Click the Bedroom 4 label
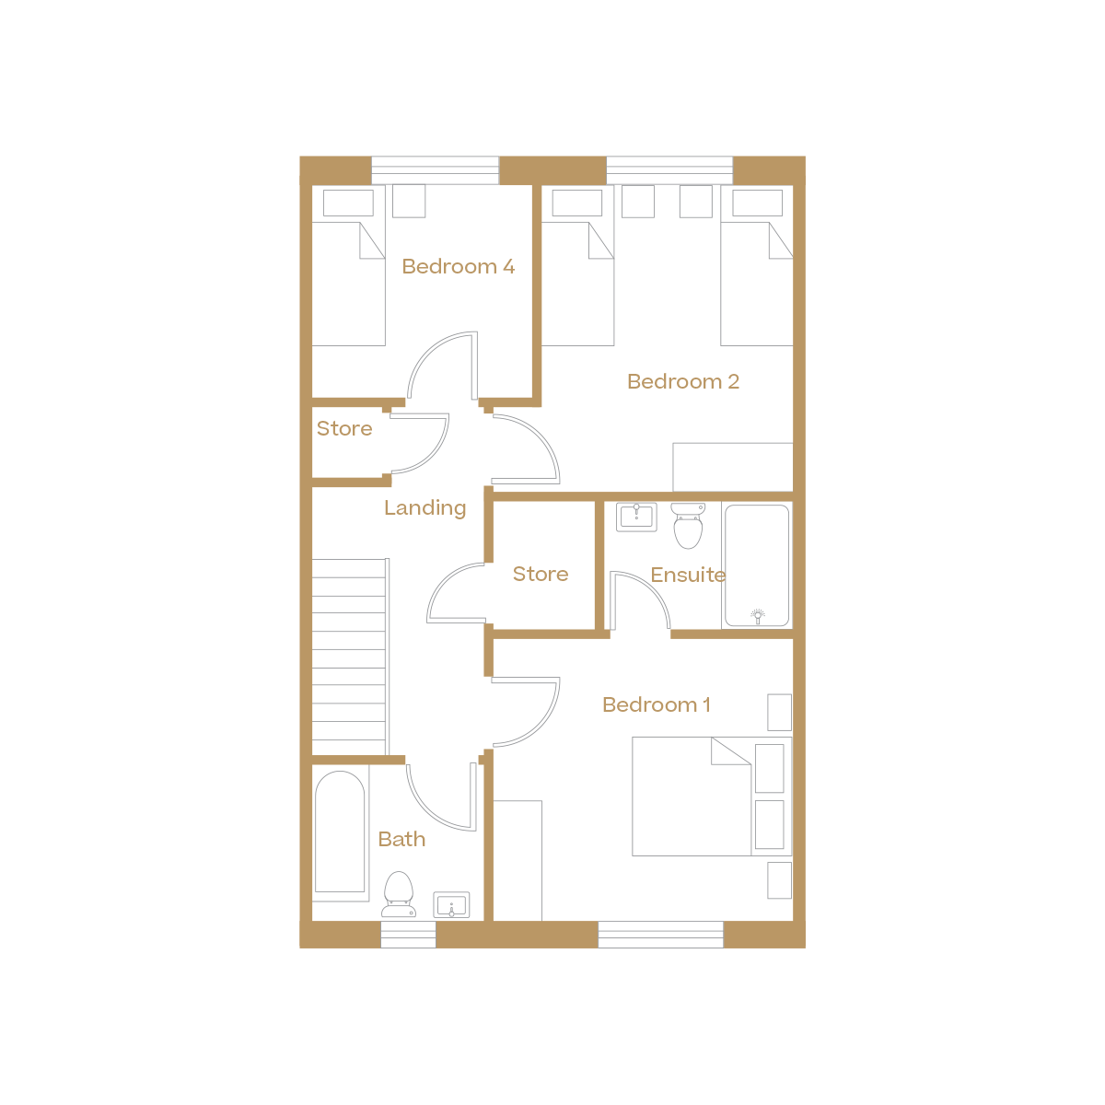coord(458,267)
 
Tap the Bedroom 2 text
coord(682,382)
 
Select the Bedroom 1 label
coord(656,705)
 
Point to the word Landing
coord(425,508)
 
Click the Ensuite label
coord(688,576)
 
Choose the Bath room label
coord(401,840)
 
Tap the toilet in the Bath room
coord(399,895)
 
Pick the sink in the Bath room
coord(451,905)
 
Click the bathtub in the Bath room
coord(341,834)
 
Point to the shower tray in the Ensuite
coord(757,565)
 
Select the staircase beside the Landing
coord(350,657)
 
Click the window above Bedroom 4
coord(435,170)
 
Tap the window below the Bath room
coord(408,935)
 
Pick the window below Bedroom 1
coord(660,935)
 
